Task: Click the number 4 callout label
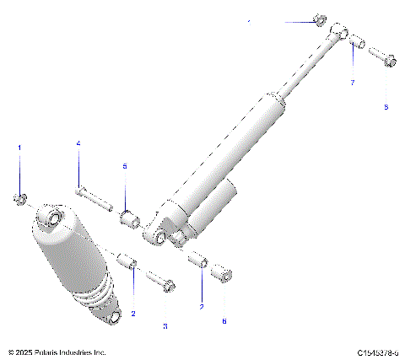(78, 145)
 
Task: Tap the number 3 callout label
(165, 325)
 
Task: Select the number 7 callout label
(353, 82)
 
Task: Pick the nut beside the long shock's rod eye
(318, 19)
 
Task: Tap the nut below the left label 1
(19, 199)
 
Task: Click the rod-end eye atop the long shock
(339, 30)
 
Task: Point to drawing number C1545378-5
(378, 351)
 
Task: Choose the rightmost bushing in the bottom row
(220, 275)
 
